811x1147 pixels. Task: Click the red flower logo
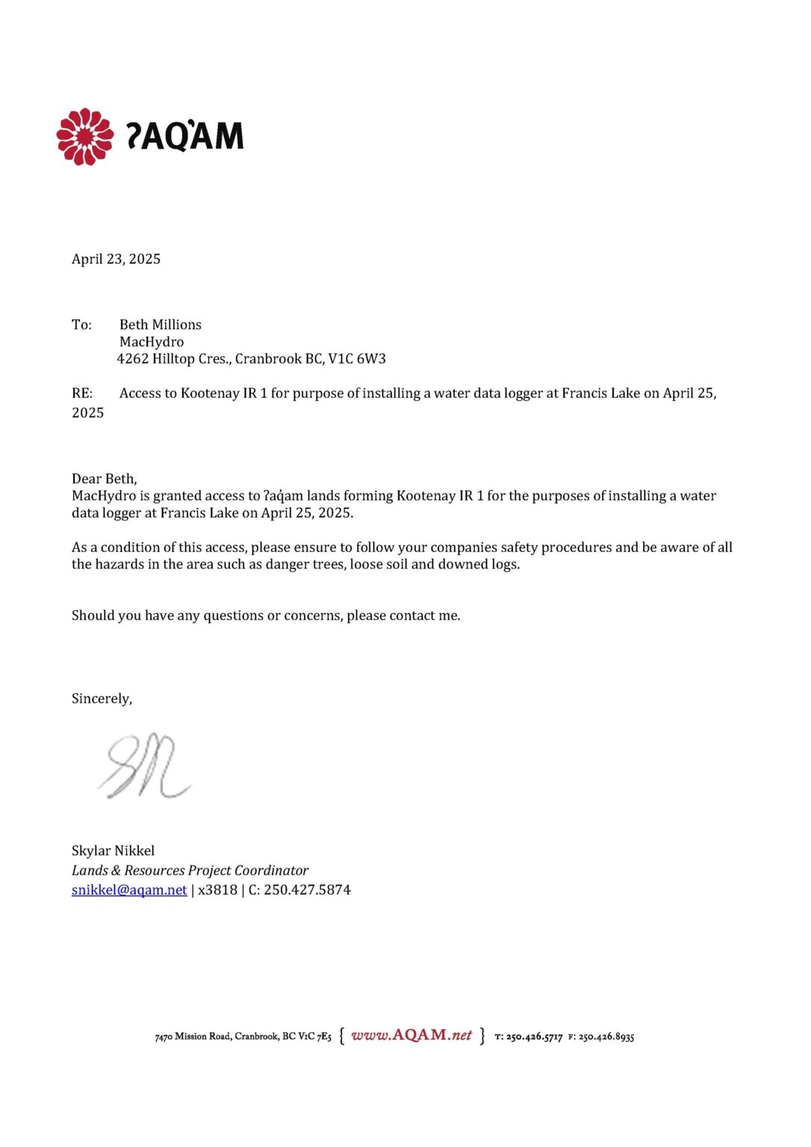(85, 137)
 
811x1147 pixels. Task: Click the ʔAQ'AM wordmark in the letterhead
(184, 136)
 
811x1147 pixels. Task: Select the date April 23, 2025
(116, 259)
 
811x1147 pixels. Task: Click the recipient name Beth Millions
(161, 325)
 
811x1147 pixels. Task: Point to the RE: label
(82, 394)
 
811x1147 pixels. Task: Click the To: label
(81, 325)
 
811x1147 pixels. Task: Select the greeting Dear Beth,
(105, 479)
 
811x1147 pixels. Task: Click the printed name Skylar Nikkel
(114, 851)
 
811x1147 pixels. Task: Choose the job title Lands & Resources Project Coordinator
(190, 871)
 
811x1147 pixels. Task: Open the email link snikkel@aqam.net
(129, 890)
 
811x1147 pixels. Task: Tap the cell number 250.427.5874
(307, 890)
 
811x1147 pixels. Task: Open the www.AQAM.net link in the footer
(411, 1035)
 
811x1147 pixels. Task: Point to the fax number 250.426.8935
(606, 1036)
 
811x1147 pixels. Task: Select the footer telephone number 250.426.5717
(534, 1036)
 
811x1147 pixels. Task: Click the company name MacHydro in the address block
(152, 342)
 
